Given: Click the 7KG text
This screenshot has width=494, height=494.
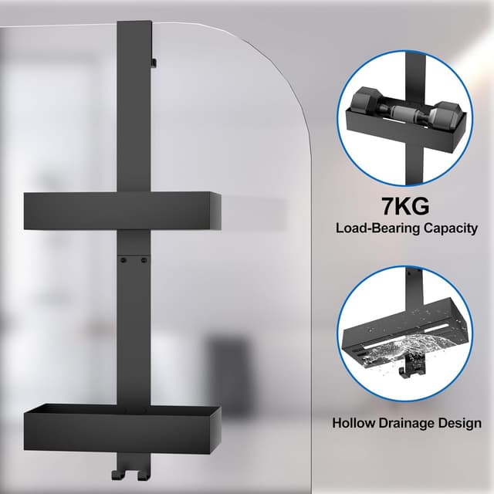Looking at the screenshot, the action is [405, 206].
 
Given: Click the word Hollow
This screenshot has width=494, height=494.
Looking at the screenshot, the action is [354, 423].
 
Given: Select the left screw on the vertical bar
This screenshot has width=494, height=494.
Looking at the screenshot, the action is [123, 260].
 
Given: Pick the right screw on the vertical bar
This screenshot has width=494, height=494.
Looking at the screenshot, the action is [144, 260].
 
